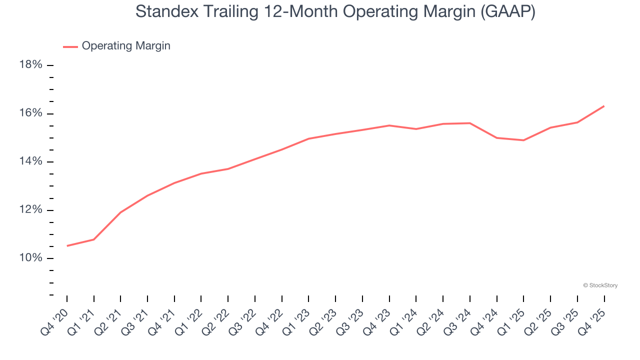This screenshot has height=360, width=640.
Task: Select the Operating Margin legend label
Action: (126, 46)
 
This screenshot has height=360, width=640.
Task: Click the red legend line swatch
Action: (70, 46)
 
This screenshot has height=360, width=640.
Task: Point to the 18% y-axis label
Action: (30, 65)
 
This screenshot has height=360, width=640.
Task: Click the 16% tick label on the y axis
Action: (30, 113)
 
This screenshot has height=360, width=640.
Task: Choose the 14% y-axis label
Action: (30, 161)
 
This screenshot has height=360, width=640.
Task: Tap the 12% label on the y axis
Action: (30, 210)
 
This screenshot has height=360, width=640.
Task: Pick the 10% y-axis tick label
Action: (30, 258)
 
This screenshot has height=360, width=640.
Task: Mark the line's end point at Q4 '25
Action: (604, 106)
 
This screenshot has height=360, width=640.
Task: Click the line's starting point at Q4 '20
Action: (67, 246)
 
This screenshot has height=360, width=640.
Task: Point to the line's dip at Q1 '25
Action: (523, 140)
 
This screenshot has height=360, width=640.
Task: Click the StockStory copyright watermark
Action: (600, 285)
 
